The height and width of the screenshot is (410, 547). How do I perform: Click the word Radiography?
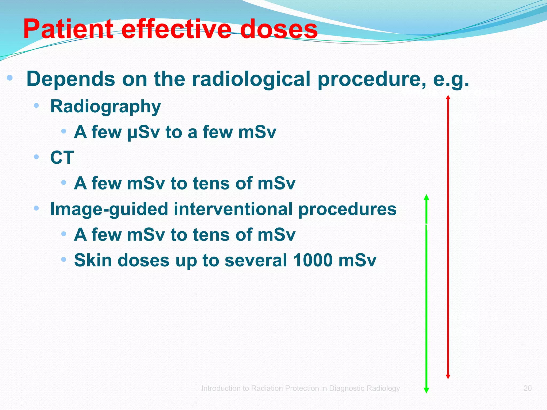point(106,107)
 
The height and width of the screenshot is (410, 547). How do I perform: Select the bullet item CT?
point(62,157)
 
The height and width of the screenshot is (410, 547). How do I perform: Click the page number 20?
point(527,388)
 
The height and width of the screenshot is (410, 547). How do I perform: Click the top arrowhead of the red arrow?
point(448,97)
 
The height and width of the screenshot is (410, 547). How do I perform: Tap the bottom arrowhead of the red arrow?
point(448,377)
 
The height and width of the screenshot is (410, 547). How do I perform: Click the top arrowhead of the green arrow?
point(427,197)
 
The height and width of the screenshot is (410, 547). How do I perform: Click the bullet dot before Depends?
point(10,78)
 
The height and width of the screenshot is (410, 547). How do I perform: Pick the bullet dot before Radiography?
point(37,105)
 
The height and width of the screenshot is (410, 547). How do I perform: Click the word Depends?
point(71,79)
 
